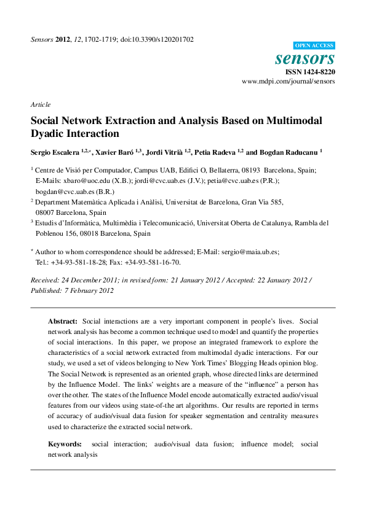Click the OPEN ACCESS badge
tap(314, 45)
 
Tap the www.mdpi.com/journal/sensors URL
tap(288, 81)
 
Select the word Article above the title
tap(40, 104)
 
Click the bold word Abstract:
tap(63, 322)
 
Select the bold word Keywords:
tap(65, 443)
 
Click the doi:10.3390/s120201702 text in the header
tap(158, 39)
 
